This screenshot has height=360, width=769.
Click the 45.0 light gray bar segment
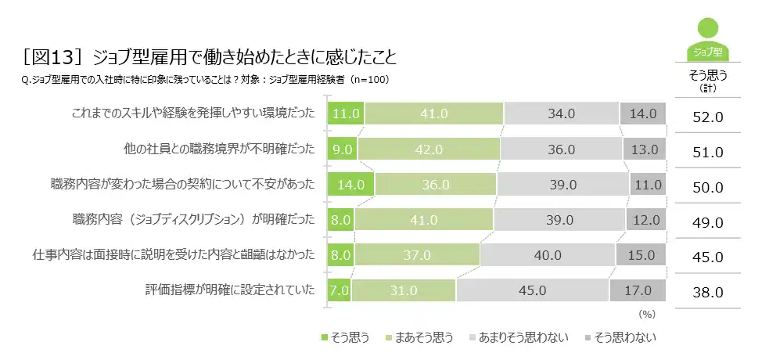coord(531,290)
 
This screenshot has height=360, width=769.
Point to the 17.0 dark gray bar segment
coord(638,290)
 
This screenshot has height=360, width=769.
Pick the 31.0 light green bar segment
coord(403,290)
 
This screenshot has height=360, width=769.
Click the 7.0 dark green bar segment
coord(339,290)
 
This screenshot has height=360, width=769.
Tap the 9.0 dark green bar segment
coord(343,149)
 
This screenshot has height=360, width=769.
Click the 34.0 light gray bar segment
coord(562,113)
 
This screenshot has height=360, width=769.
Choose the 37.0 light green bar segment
coord(417,255)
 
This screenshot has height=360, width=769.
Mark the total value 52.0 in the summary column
coord(707,117)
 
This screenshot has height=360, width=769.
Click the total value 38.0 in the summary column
coord(707,293)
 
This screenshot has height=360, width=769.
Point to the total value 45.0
coord(707,257)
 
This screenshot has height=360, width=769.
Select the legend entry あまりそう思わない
coord(514,338)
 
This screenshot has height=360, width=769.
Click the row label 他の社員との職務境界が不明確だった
coord(219,149)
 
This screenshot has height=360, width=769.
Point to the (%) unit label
coord(646,313)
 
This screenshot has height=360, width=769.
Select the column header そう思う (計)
coord(708,81)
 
